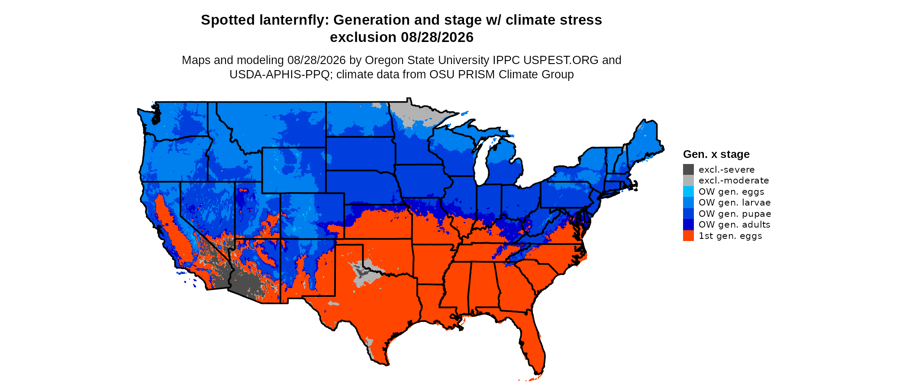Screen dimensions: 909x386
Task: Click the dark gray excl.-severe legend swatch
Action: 688,169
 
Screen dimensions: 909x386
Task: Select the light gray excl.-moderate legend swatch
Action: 688,180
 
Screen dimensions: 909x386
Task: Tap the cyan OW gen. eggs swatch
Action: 688,191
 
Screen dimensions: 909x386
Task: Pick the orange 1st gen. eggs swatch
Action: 688,235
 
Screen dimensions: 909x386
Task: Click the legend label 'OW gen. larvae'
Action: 735,203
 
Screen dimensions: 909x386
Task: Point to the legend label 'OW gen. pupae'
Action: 735,214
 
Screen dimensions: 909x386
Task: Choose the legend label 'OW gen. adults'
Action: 735,225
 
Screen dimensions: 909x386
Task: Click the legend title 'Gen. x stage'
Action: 716,154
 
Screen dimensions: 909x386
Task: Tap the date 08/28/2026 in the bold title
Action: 437,37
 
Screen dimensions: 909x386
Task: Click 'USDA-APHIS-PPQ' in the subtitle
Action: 280,74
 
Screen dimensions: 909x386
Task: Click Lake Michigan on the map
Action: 481,160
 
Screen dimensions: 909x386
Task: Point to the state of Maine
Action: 645,143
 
